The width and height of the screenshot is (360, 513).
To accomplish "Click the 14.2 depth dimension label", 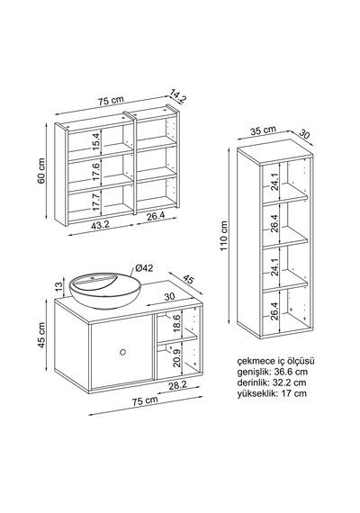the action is [x=177, y=96].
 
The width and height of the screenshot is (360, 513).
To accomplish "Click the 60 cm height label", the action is [x=41, y=171].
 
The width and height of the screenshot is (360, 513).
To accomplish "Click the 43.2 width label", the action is [x=100, y=224].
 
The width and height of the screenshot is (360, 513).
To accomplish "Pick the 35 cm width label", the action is [x=264, y=130].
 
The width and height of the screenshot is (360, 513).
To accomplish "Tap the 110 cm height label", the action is [x=224, y=236].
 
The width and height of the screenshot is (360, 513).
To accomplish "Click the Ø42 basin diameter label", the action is [x=144, y=268].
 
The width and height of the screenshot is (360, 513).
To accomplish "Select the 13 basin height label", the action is [x=58, y=286].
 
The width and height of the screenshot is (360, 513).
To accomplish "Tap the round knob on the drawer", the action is [x=122, y=352].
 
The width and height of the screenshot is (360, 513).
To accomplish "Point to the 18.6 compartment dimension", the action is [x=176, y=324].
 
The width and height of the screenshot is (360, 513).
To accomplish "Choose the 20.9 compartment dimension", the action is [x=176, y=358].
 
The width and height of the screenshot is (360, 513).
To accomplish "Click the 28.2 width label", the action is [x=177, y=385].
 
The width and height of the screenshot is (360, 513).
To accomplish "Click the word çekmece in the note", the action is [x=254, y=361].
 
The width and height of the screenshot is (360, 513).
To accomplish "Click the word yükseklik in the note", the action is [x=257, y=393].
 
